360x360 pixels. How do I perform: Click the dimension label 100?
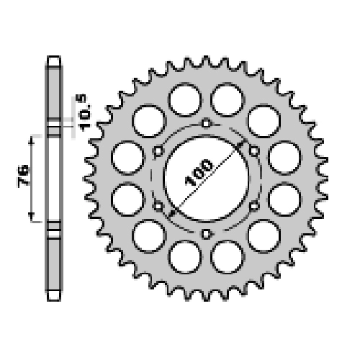click(199, 173)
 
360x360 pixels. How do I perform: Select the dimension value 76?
click(23, 176)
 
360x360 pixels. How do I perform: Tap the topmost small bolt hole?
click(206, 123)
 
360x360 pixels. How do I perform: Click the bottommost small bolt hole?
click(206, 233)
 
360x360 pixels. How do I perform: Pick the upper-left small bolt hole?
click(158, 151)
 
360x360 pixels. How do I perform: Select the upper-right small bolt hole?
click(253, 151)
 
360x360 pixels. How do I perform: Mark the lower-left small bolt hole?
click(158, 206)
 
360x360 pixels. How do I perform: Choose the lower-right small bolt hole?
click(253, 206)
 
